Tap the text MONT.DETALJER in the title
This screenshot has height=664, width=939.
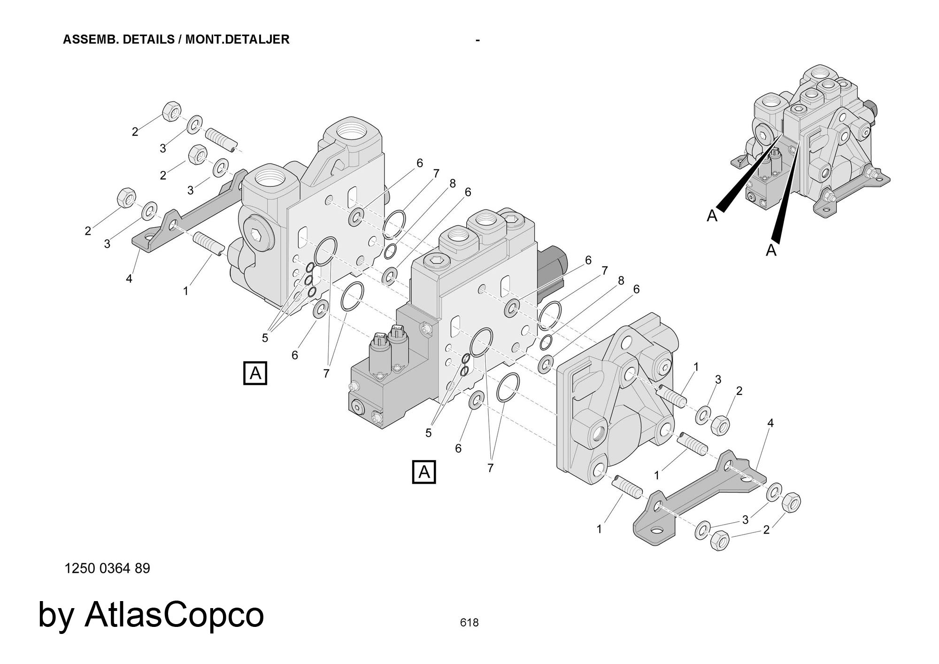click(x=237, y=39)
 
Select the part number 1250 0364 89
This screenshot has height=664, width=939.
click(x=107, y=568)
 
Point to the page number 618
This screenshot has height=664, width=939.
click(x=469, y=623)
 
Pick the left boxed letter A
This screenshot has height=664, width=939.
click(x=255, y=373)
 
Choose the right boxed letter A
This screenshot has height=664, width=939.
click(x=424, y=471)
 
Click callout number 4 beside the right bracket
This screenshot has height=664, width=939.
click(x=770, y=423)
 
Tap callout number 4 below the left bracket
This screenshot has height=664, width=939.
click(x=129, y=278)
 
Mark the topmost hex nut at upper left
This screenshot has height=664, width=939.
click(x=171, y=111)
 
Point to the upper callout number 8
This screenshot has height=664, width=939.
click(x=453, y=184)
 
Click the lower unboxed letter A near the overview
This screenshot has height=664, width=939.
click(x=771, y=251)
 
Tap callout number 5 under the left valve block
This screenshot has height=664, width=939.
click(x=265, y=338)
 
